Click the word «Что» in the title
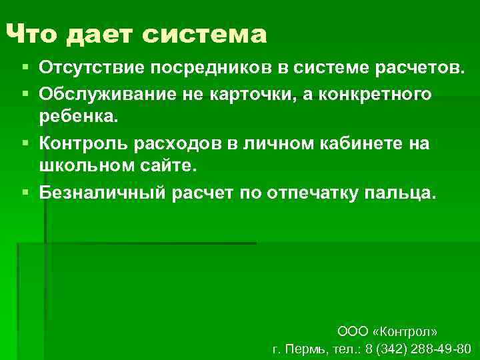click(32, 33)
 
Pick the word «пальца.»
click(401, 193)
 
